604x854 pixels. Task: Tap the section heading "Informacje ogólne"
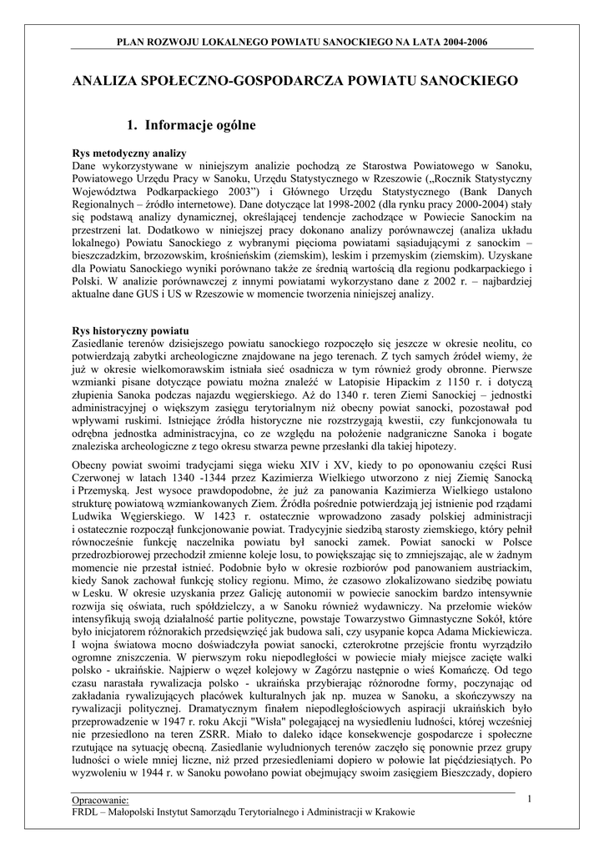click(x=200, y=126)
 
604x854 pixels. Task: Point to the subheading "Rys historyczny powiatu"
click(x=131, y=331)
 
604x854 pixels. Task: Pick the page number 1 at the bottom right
click(x=530, y=800)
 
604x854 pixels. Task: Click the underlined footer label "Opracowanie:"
click(x=100, y=801)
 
